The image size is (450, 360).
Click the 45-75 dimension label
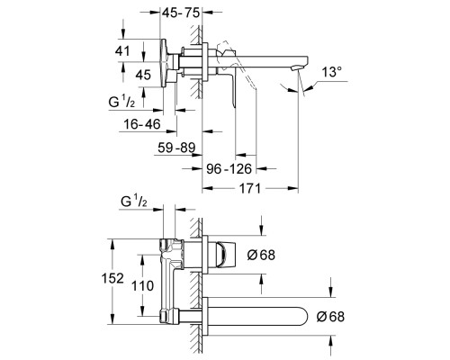coord(181,13)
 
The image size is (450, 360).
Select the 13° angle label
coord(332,72)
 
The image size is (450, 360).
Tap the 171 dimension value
coord(249,189)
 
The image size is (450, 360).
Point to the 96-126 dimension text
coord(229,169)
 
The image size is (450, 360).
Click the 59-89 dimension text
coord(176,148)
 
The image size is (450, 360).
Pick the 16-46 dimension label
coord(142,124)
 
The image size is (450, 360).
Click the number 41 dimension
coord(122,51)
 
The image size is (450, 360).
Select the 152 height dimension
coord(112,278)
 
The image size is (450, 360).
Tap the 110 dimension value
coord(143,285)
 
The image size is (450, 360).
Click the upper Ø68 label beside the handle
coord(261,255)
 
